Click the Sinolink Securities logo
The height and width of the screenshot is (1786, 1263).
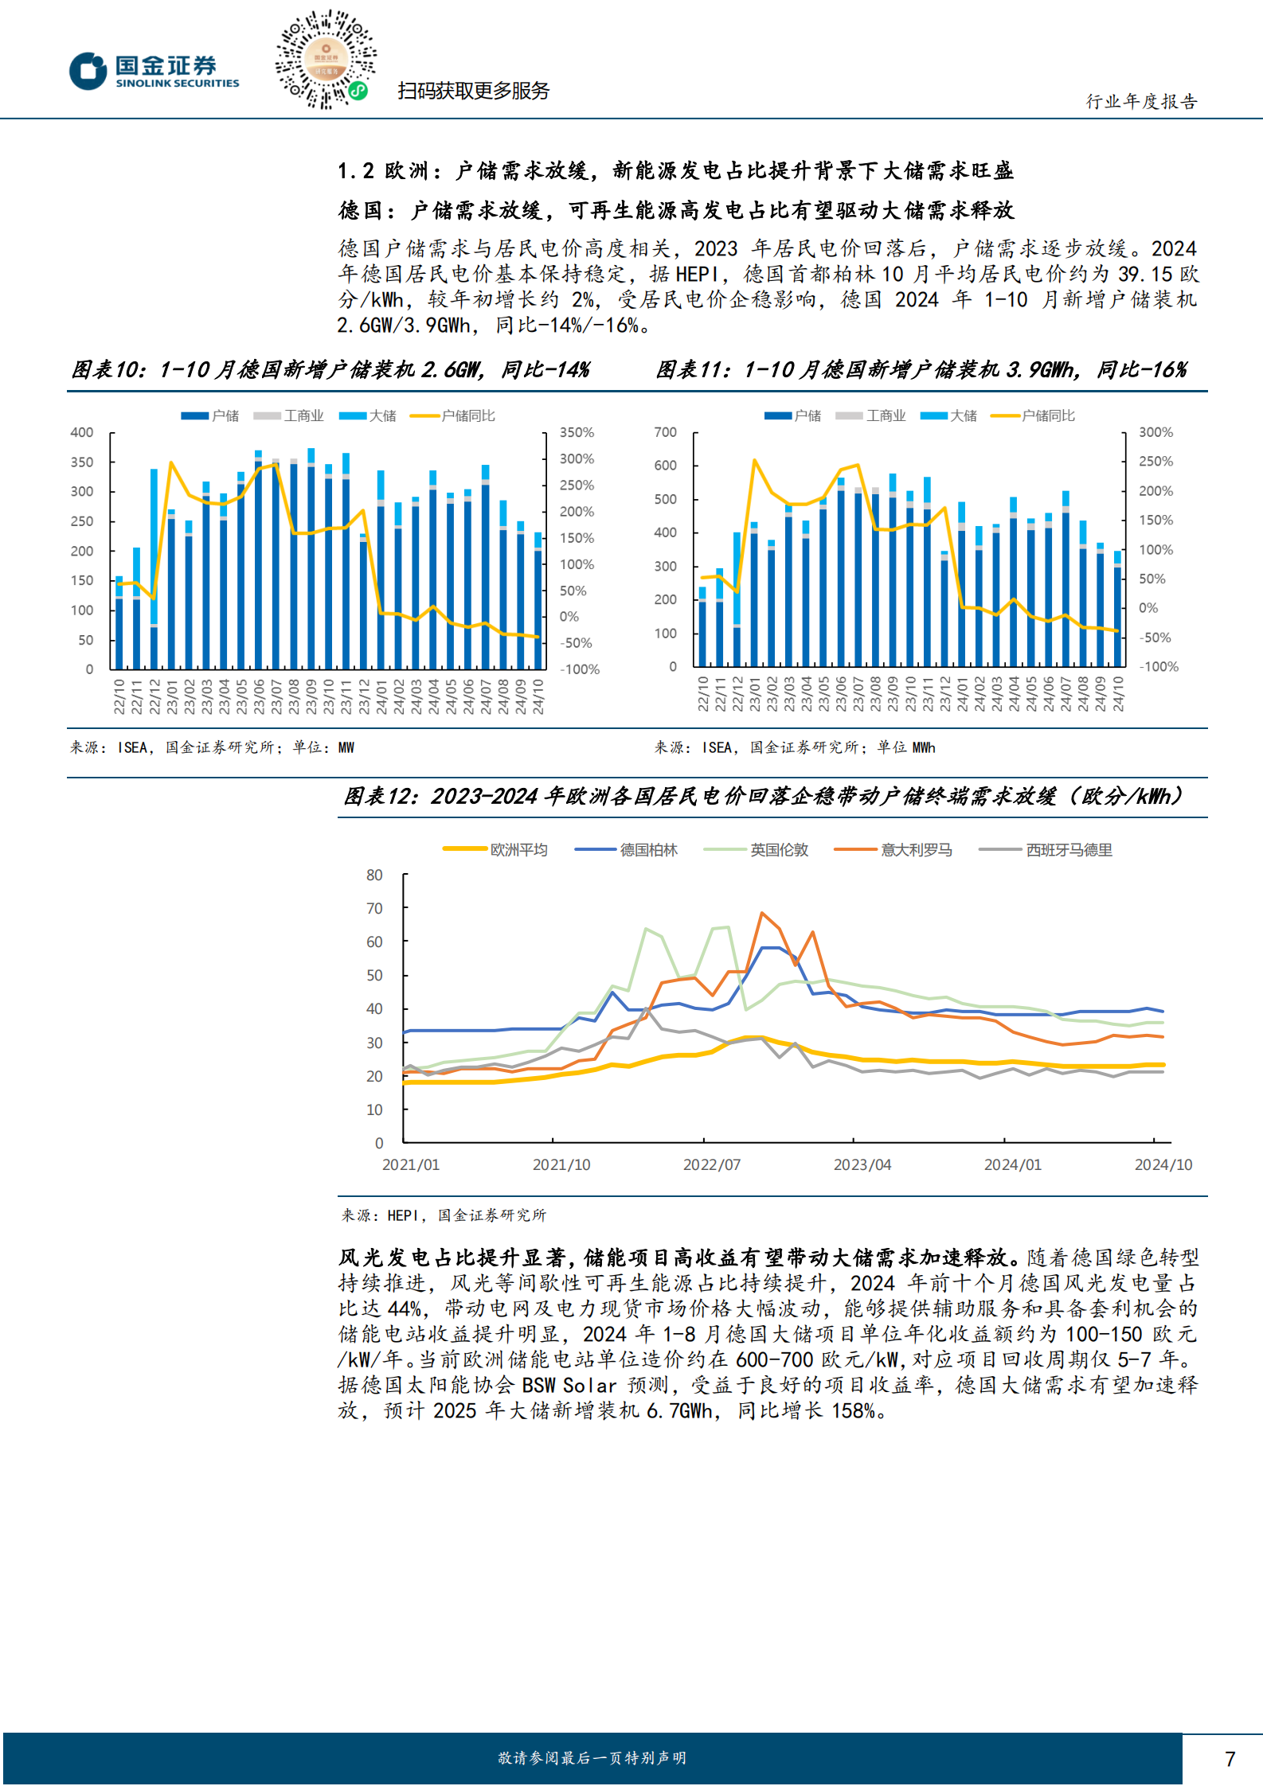tap(154, 71)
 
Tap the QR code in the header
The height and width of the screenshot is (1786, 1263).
tap(325, 60)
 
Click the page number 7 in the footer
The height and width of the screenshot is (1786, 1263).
tap(1230, 1759)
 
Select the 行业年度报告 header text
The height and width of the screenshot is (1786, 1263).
tap(1141, 101)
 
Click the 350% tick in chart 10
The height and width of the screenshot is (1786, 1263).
tap(577, 432)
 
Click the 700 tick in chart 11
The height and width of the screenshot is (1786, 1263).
tap(665, 432)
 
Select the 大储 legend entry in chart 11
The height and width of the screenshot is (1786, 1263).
tap(949, 415)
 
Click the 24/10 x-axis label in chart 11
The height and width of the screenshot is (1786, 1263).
tap(1118, 694)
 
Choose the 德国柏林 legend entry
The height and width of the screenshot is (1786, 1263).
tap(627, 850)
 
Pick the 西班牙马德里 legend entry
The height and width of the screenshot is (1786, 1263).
tap(1046, 850)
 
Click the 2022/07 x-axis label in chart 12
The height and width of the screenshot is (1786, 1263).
tap(711, 1164)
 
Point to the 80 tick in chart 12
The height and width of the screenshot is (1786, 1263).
tap(374, 875)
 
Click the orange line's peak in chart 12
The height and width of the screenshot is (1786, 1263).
tap(762, 913)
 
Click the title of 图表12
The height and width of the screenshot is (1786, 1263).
tap(763, 796)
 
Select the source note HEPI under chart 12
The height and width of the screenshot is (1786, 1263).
tap(402, 1215)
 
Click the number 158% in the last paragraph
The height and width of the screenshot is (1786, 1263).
tap(853, 1411)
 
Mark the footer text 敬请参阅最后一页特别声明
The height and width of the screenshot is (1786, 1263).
tap(592, 1758)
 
